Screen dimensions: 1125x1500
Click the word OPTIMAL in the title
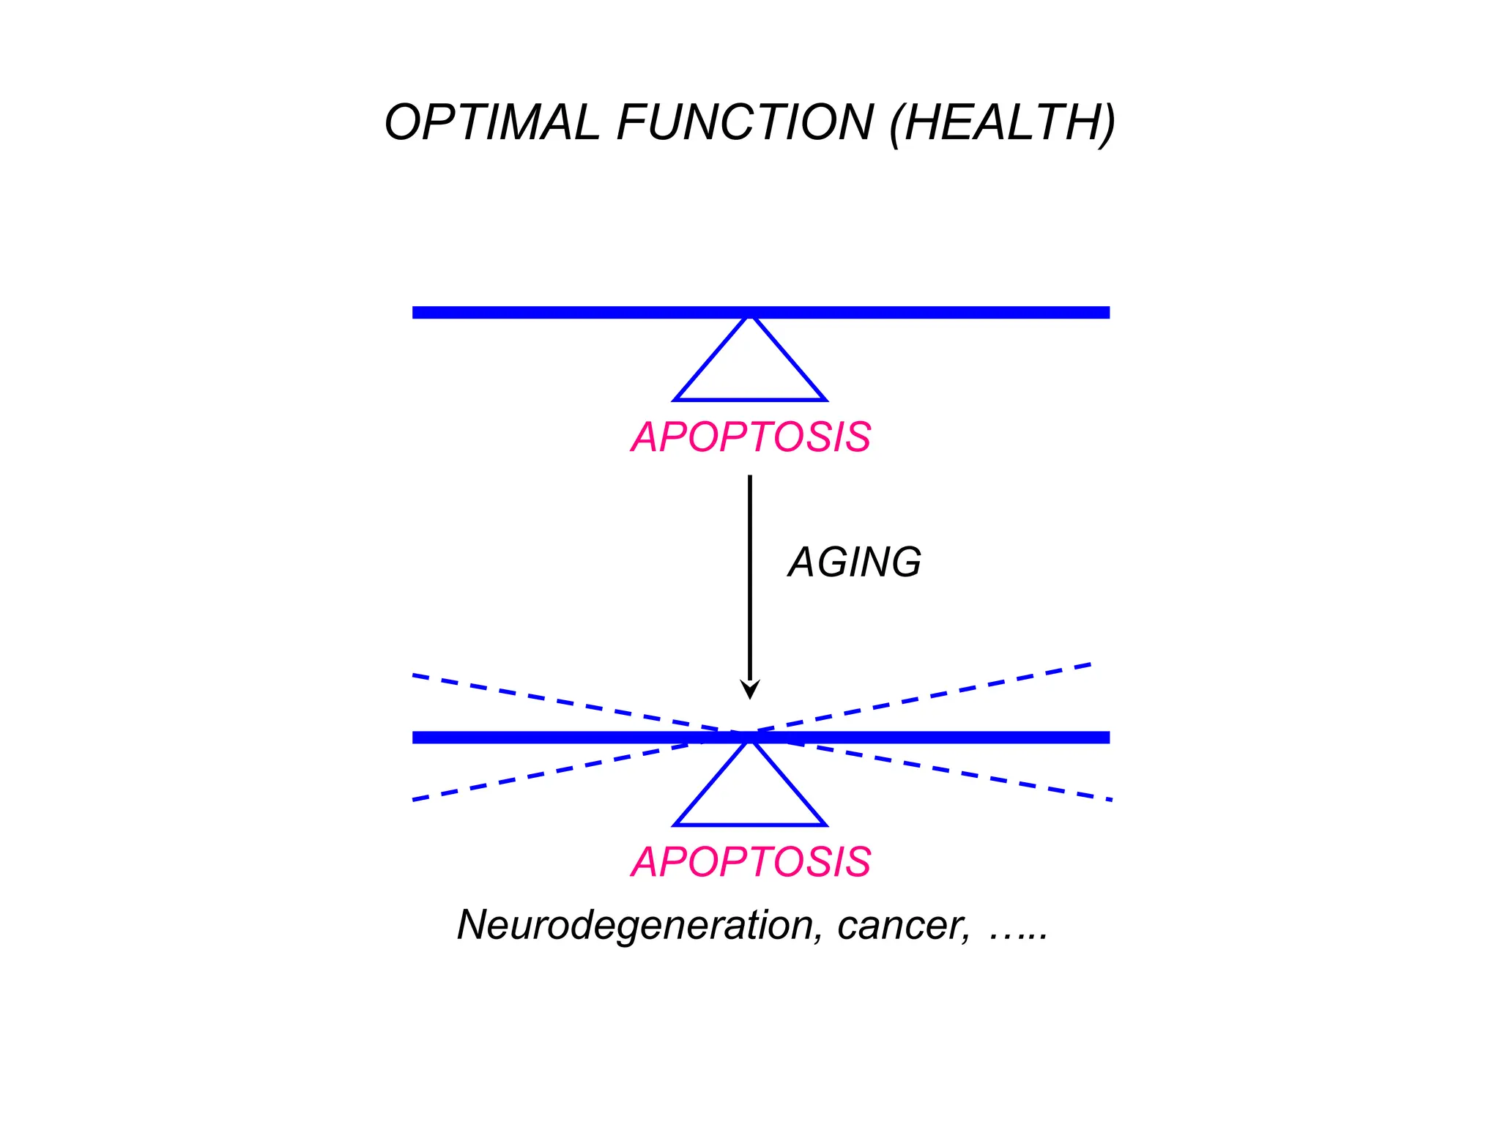coord(491,122)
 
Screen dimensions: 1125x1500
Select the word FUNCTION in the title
coord(745,122)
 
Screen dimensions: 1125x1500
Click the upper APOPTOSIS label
coord(751,437)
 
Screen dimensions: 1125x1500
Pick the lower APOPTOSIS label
coord(751,862)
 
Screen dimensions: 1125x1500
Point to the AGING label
coord(854,562)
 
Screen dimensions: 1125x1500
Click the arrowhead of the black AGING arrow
coord(750,689)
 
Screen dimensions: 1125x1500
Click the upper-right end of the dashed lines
coord(1089,665)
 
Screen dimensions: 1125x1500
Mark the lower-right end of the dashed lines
coord(1110,799)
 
